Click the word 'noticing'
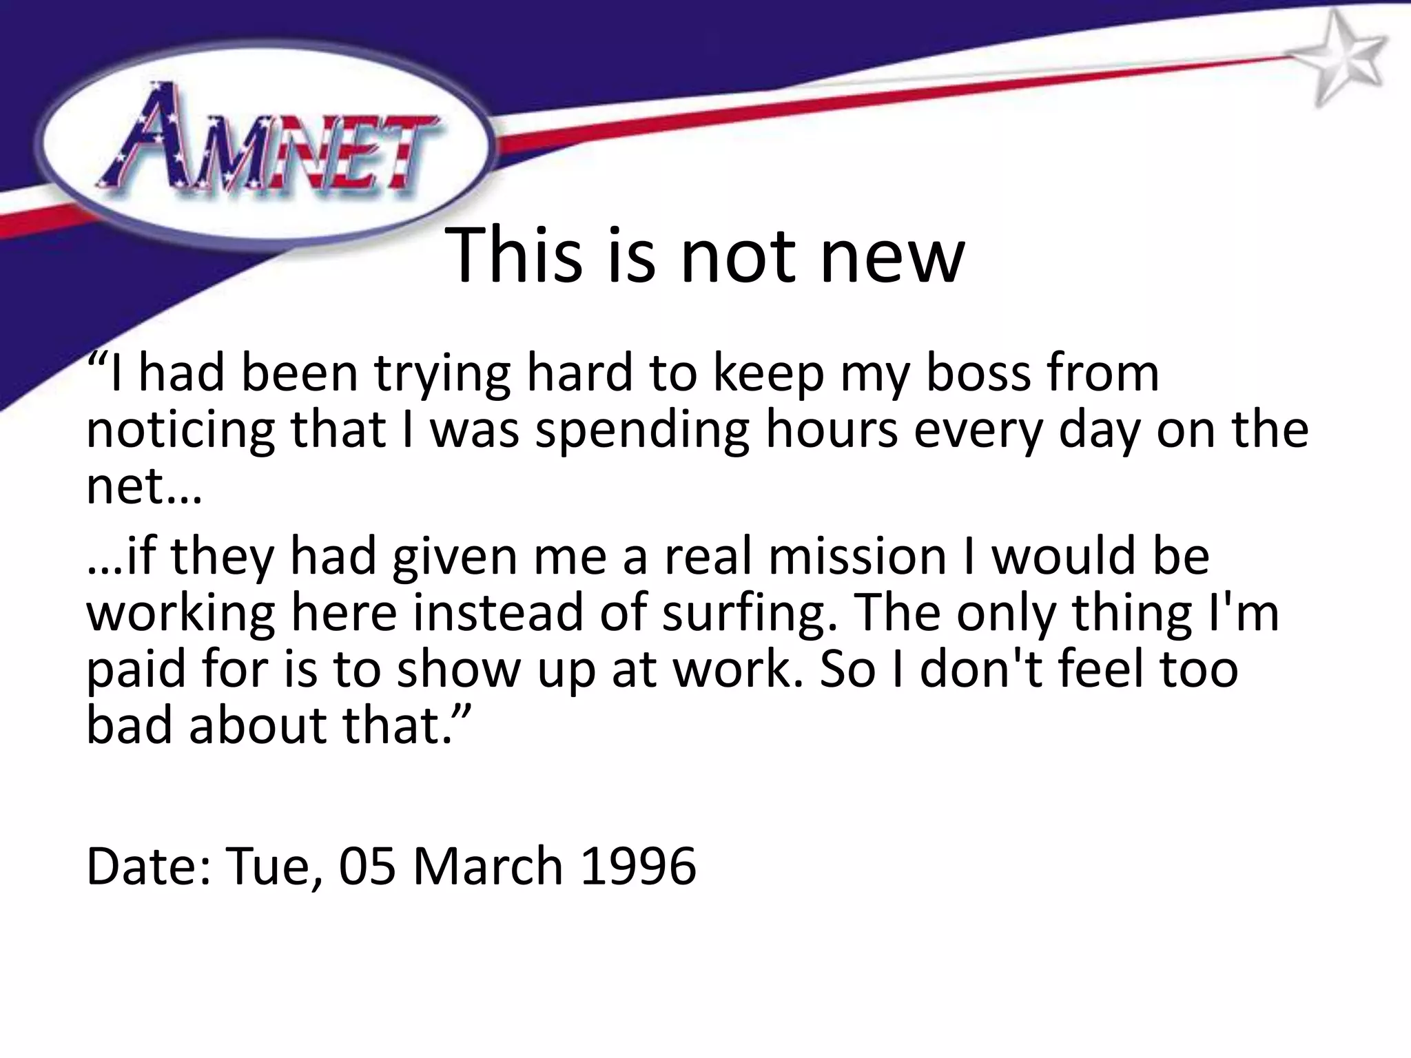point(180,431)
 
